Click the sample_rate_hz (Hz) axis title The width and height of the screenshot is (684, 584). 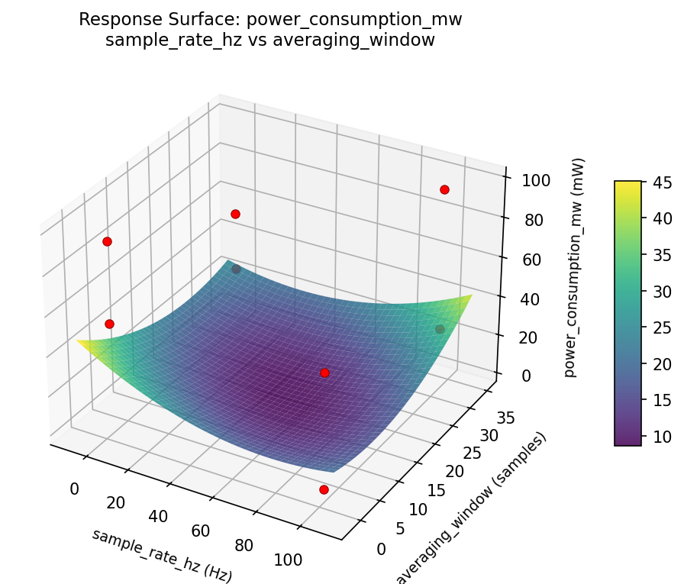point(161,555)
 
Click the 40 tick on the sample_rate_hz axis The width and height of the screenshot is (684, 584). point(158,517)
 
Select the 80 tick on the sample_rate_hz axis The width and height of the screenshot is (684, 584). point(244,545)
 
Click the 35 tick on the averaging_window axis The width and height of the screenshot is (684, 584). point(505,418)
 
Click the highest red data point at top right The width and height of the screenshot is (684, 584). point(444,189)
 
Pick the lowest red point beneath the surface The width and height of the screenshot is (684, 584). point(324,489)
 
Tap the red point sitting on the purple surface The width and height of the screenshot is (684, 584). point(324,373)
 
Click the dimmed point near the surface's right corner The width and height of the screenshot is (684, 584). point(440,329)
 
